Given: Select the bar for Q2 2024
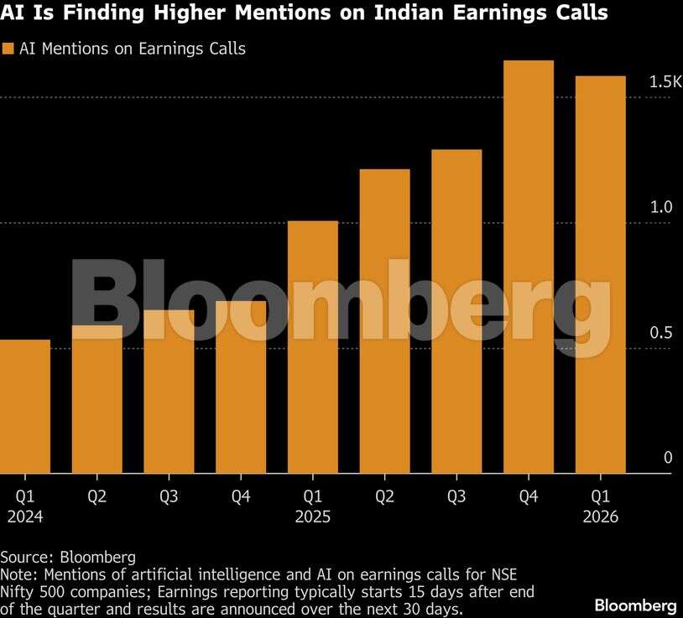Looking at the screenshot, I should (97, 399).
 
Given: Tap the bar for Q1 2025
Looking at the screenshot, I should (312, 347).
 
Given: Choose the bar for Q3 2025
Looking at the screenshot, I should (456, 311).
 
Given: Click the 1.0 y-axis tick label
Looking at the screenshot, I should (661, 207).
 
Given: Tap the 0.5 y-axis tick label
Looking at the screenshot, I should (661, 333).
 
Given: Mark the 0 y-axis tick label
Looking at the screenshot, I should (668, 458).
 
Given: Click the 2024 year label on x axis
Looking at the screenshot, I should (25, 517).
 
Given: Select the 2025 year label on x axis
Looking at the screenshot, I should (312, 517).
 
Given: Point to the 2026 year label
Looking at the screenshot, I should (600, 517).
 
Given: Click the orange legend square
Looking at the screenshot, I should (8, 49).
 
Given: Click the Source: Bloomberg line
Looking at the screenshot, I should (68, 557).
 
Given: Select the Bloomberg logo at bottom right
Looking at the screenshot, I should (635, 605).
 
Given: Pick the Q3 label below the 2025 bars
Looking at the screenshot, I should (456, 496).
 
